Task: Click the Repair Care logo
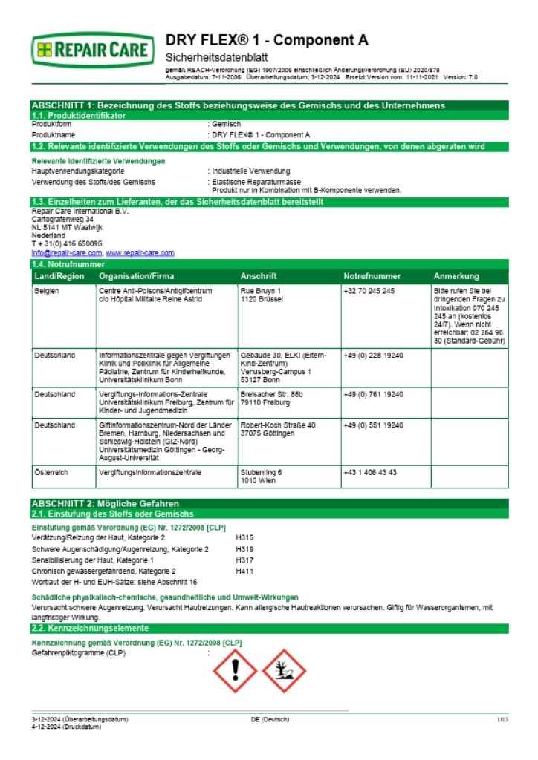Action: (x=93, y=51)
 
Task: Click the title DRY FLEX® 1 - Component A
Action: (x=266, y=40)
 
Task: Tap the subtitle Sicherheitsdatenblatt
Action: (x=215, y=57)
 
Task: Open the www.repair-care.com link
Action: (x=140, y=253)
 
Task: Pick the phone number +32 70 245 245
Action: (x=369, y=291)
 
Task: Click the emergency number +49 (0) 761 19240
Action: (x=373, y=393)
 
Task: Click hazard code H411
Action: (x=244, y=571)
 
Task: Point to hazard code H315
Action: (x=244, y=537)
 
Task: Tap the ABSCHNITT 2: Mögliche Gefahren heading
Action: (x=105, y=503)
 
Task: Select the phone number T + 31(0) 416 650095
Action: (x=67, y=243)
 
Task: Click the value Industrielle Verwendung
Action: (x=251, y=171)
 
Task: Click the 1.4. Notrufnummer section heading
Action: (x=68, y=264)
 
